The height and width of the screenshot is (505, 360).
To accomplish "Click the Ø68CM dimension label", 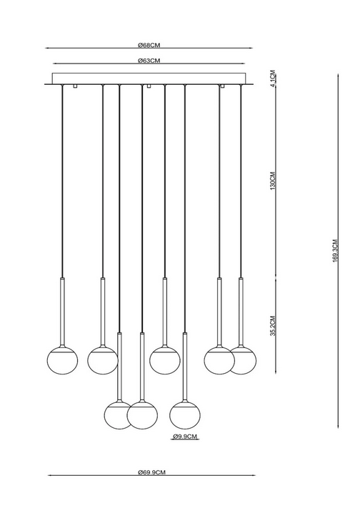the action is tap(149, 45).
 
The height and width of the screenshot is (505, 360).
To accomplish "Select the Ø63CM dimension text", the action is tap(149, 61).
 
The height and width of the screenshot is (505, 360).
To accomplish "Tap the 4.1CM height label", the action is tap(273, 78).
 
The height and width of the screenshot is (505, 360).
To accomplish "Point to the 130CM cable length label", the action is tap(273, 180).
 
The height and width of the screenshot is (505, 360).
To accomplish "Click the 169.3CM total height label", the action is tap(335, 251).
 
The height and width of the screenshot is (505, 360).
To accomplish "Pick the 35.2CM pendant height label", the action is tap(273, 325).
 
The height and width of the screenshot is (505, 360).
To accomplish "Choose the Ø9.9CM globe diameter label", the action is tap(185, 437).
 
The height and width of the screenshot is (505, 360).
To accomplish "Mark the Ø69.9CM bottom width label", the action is tap(151, 472).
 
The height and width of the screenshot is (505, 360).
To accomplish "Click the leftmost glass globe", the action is tap(63, 359).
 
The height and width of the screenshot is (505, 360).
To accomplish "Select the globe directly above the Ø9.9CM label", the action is tap(185, 415).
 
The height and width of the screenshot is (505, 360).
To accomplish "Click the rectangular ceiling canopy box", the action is tap(149, 79).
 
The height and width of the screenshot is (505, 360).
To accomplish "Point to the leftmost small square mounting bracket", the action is tap(75, 86).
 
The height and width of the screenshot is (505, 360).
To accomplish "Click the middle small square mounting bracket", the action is tap(149, 86).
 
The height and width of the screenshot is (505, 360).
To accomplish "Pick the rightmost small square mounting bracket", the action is tap(222, 86).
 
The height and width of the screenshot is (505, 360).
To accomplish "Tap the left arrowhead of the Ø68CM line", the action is tap(46, 49).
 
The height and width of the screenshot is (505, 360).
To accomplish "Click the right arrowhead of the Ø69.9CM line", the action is tap(254, 475).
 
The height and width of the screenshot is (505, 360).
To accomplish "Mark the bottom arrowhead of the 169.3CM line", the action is tap(338, 426).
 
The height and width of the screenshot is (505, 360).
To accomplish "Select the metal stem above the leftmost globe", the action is tap(63, 312).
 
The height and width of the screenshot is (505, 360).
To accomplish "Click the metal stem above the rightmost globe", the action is tap(241, 312).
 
